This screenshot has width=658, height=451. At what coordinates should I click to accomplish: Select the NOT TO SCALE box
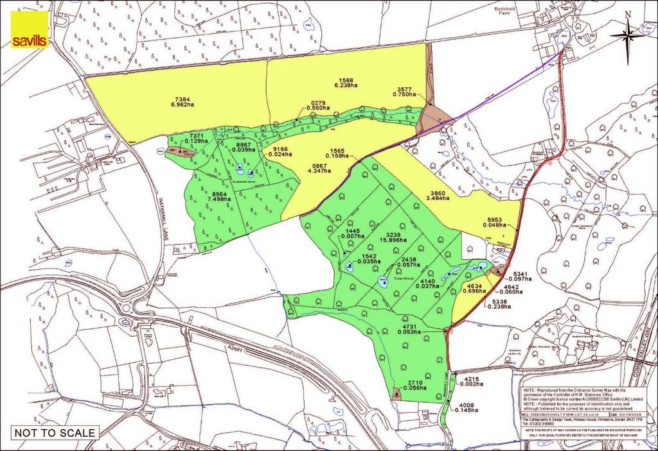pos(55,432)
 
